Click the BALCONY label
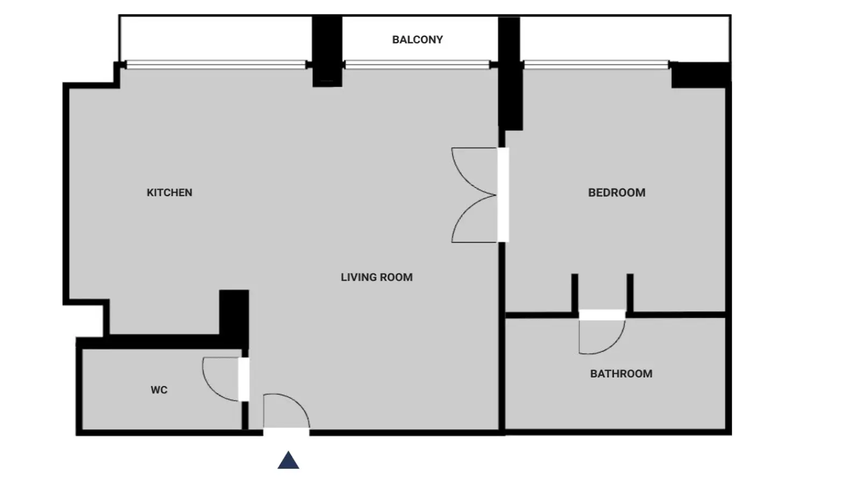pos(418,40)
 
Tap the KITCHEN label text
pos(170,193)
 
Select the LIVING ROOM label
pos(377,277)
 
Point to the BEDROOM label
pos(617,193)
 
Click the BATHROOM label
pos(621,374)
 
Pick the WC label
pos(159,390)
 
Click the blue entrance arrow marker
pos(288,460)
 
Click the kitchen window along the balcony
pos(216,65)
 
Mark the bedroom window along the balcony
pos(596,65)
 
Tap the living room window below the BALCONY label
pos(418,65)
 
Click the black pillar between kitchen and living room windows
pos(327,51)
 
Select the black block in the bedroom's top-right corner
pos(701,75)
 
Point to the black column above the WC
pos(234,317)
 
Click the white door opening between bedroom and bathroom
pos(602,315)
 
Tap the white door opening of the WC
pos(244,379)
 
